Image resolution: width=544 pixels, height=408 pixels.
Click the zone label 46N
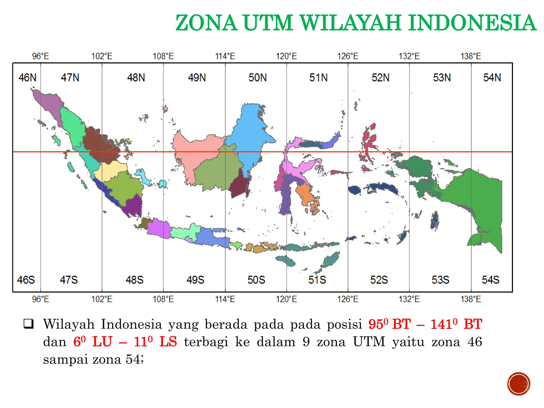point(27,78)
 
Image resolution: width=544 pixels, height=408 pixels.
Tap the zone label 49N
point(197,78)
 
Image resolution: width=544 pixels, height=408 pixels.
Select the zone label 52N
point(380,78)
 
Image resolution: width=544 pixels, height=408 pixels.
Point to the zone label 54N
point(492,78)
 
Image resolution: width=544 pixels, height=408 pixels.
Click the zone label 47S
point(69,280)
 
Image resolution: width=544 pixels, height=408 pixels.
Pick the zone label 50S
point(256,280)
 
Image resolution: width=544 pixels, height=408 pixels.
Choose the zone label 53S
point(440,280)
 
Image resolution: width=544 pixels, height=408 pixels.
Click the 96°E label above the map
point(41,56)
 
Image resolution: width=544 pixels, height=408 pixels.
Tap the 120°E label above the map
point(286,56)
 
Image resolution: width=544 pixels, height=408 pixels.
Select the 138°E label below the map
point(471,299)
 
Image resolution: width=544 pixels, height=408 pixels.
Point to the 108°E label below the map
point(163,299)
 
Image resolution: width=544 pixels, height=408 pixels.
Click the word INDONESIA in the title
point(472,23)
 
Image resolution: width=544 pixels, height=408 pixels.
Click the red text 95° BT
point(389,324)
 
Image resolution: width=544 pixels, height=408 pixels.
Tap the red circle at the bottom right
point(518,384)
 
